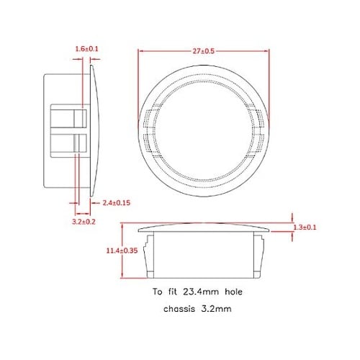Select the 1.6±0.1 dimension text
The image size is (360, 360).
87,48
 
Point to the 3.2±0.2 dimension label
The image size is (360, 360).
84,222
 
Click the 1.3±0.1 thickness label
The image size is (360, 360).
305,228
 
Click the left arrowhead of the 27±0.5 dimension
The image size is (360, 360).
140,51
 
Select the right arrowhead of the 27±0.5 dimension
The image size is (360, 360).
270,51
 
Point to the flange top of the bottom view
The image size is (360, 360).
205,227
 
